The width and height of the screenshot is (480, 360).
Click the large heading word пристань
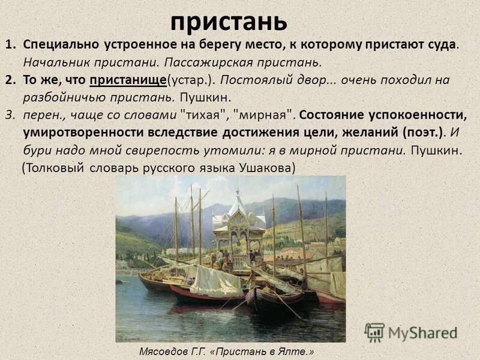point(229,22)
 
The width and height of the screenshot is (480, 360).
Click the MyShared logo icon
point(374,332)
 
